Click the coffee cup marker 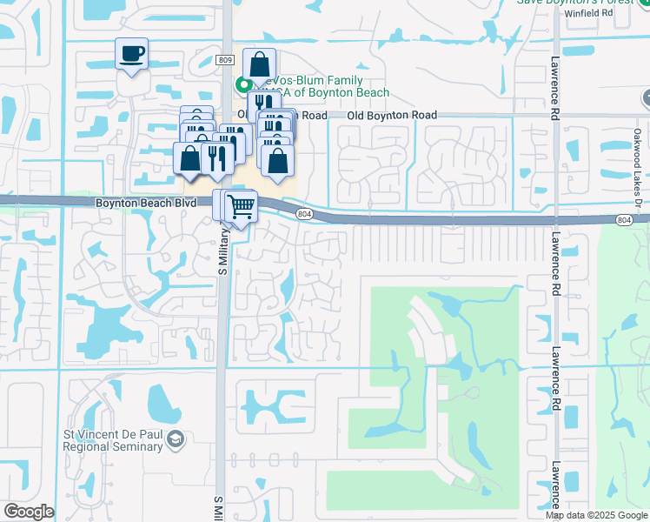(131, 54)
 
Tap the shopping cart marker (241, 207)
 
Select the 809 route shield (225, 59)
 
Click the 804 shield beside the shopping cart (303, 213)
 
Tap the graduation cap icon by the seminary (176, 440)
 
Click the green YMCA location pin (242, 84)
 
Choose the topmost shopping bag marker (260, 64)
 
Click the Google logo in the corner (29, 512)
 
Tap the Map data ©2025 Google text (595, 515)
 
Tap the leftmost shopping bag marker (189, 158)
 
